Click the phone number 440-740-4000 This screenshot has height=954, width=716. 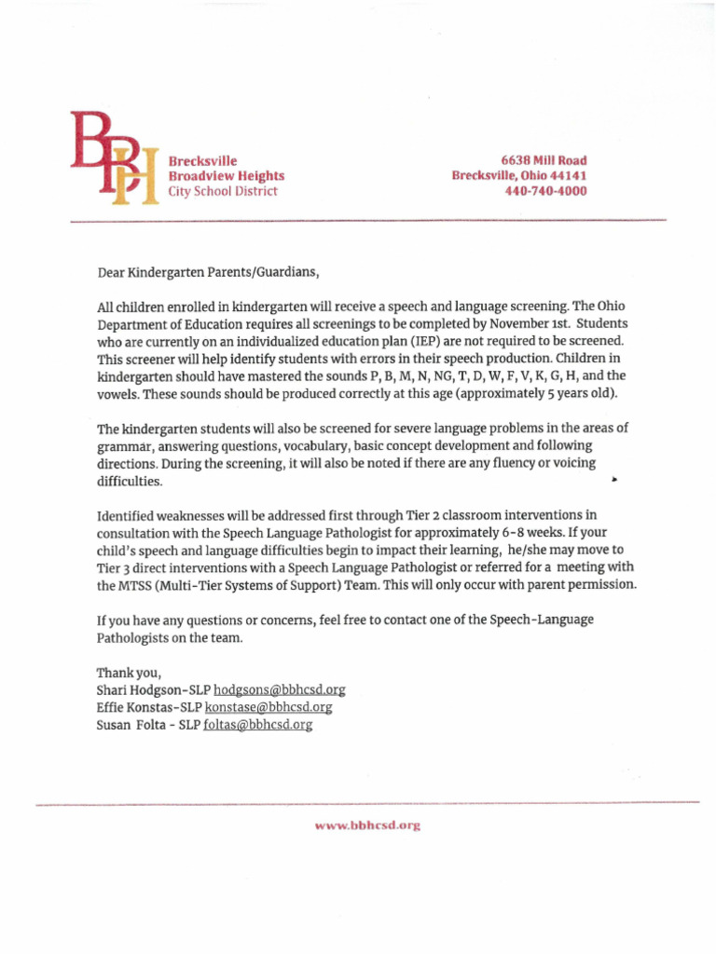[x=545, y=191]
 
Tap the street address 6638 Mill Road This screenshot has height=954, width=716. [x=544, y=160]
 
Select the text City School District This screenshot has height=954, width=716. [x=222, y=191]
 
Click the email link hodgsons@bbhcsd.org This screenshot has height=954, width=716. [x=280, y=690]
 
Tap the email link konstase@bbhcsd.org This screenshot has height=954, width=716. [x=268, y=707]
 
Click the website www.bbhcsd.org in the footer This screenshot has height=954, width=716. [x=368, y=825]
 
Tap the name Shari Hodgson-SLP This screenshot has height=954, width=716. [x=153, y=690]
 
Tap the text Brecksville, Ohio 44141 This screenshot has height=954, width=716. [x=519, y=175]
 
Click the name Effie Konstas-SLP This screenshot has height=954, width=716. [x=148, y=707]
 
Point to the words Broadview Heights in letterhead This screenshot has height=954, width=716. [x=226, y=175]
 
